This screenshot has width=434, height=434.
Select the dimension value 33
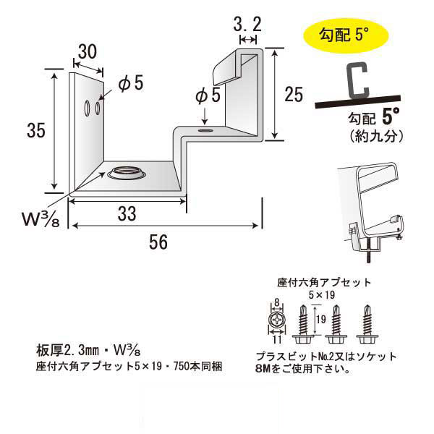127,213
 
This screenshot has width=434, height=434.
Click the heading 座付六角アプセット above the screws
324,282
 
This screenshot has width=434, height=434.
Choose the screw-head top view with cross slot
276,318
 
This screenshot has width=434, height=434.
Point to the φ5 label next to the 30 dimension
129,85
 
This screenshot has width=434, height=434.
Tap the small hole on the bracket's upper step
205,131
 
